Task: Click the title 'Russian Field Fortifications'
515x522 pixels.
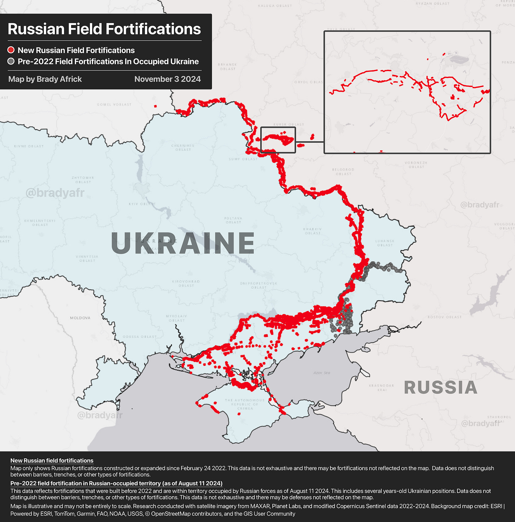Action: point(104,29)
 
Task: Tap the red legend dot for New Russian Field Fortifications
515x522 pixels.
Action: point(11,50)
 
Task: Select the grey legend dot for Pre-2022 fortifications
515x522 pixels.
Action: point(11,62)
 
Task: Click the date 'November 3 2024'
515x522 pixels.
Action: point(167,79)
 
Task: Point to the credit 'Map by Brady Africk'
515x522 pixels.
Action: point(45,79)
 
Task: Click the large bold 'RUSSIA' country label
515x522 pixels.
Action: point(440,388)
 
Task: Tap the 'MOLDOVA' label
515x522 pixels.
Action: point(80,318)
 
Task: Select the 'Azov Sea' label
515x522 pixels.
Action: point(322,373)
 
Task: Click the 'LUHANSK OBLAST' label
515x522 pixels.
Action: point(385,243)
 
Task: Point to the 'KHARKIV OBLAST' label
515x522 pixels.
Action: point(312,231)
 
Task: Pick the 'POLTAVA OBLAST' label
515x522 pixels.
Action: point(233,220)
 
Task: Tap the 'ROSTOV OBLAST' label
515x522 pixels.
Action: point(444,317)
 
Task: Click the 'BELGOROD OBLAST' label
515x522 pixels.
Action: point(343,172)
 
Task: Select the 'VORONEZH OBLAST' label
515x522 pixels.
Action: point(416,165)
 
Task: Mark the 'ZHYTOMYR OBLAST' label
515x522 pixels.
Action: point(83,180)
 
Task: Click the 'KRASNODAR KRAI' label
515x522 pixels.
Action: point(381,388)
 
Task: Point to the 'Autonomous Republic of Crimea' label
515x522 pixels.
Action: point(244,404)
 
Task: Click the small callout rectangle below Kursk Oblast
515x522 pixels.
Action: point(278,140)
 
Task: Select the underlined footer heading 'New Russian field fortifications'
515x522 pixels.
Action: point(52,460)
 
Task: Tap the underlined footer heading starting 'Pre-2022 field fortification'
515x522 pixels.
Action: point(116,483)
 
